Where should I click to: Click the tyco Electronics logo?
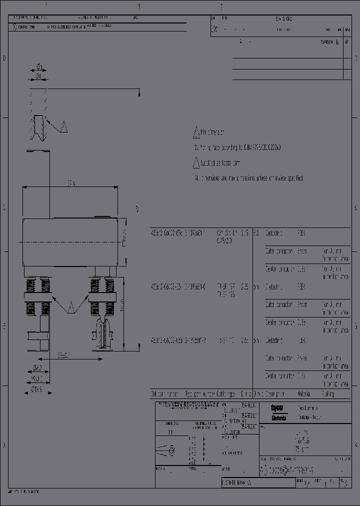(278, 411)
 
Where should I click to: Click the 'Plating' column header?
(328, 394)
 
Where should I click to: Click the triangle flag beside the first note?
(196, 133)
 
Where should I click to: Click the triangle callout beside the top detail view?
(63, 126)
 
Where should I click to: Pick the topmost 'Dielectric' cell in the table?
(274, 233)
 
